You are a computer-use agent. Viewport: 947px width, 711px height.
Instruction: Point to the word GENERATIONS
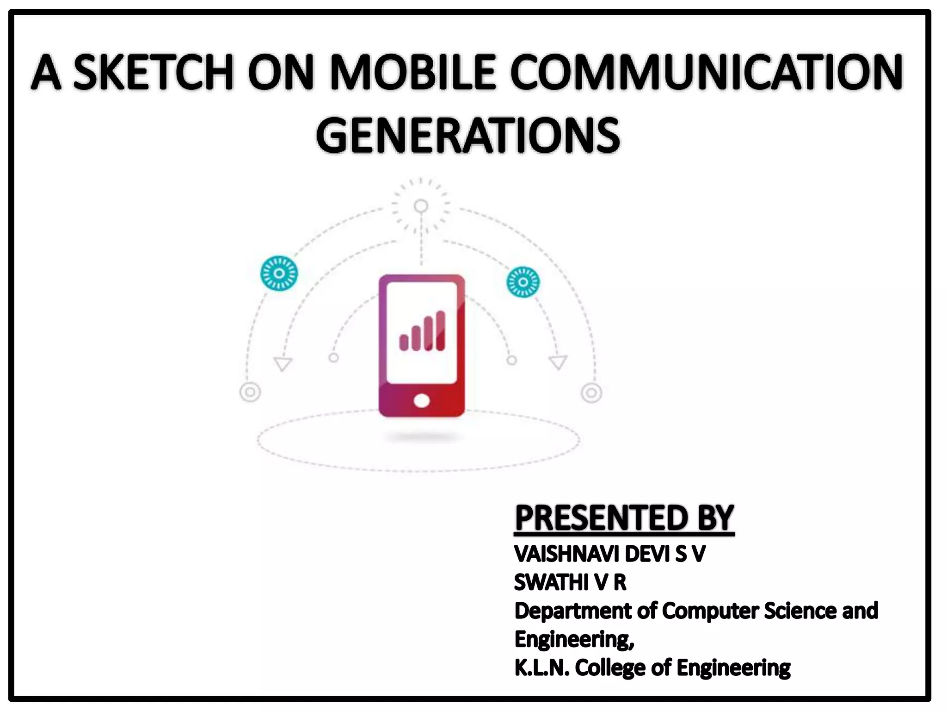467,135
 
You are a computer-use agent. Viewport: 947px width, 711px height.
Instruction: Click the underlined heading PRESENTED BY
624,518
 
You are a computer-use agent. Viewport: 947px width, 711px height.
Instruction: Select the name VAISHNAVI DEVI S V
609,554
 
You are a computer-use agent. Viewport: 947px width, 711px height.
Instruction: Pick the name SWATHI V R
570,582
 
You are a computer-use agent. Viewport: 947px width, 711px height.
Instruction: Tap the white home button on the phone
421,400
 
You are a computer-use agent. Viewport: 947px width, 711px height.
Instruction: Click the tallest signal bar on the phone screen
440,331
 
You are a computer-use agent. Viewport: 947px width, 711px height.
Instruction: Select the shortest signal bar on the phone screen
404,343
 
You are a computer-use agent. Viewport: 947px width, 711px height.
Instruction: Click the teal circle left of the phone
279,273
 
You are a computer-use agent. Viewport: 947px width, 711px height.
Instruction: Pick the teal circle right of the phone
523,282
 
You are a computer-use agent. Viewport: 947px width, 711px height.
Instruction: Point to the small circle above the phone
421,206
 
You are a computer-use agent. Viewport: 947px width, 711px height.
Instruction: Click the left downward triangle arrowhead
283,363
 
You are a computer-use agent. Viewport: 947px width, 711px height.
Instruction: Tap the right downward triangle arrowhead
558,362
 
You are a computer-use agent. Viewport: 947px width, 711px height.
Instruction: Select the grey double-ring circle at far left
250,393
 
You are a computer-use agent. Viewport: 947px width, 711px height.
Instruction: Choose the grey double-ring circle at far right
591,393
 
